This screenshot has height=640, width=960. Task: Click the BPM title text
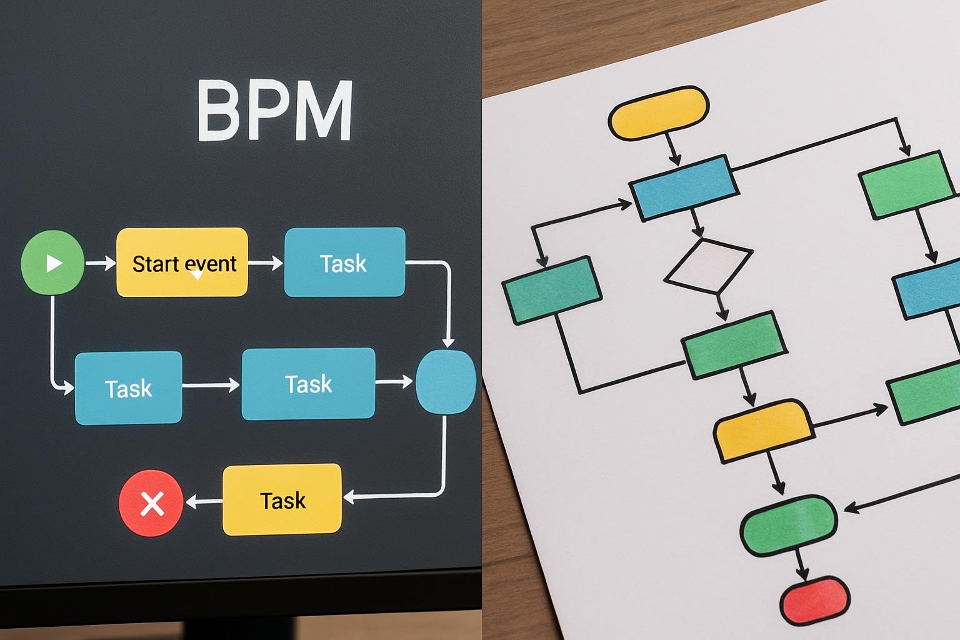[x=275, y=110]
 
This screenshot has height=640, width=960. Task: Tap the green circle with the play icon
[x=52, y=262]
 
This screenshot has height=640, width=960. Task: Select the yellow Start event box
[x=182, y=262]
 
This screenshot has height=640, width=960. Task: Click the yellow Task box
[x=282, y=499]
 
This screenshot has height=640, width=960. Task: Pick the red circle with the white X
[x=151, y=503]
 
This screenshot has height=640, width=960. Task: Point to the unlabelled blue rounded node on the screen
[x=446, y=382]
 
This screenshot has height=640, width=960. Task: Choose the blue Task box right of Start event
[x=344, y=262]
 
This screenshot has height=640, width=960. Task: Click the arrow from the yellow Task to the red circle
[x=204, y=501]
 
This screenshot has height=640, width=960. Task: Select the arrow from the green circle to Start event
[x=101, y=262]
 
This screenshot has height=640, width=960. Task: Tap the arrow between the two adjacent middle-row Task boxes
[x=211, y=385]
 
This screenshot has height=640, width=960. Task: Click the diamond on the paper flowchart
[x=708, y=266]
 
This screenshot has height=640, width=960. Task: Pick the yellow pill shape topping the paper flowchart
[x=659, y=112]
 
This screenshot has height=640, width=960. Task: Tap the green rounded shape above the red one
[x=789, y=526]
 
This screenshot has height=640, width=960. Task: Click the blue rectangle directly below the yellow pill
[x=684, y=188]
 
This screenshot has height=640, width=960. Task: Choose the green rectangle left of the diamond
[x=552, y=290]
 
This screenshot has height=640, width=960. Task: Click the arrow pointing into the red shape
[x=801, y=565]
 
